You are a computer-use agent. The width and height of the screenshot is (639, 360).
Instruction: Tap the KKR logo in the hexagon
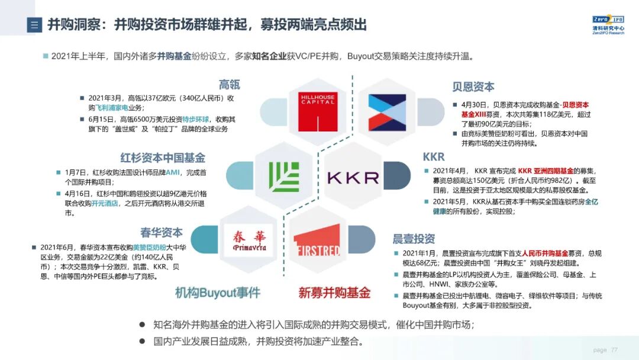[x=353, y=177]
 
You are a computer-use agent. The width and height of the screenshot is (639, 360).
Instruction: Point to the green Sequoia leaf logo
[x=284, y=176]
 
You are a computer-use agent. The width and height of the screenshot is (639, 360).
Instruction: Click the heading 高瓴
[x=230, y=85]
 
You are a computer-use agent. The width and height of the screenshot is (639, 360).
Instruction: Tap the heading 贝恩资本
[x=473, y=86]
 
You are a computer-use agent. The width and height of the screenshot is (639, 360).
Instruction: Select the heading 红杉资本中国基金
[x=163, y=158]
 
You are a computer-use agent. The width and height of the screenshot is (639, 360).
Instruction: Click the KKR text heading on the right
[x=434, y=157]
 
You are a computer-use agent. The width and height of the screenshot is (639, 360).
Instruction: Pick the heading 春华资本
[x=162, y=232]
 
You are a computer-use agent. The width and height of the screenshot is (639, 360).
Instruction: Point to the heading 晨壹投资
[x=414, y=239]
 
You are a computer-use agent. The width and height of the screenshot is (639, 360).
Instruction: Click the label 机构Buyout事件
[x=217, y=292]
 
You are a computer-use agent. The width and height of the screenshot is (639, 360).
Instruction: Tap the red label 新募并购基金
[x=334, y=292]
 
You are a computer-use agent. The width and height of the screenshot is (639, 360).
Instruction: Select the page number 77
[x=614, y=350]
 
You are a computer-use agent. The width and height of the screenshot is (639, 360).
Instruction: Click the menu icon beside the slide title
[x=34, y=25]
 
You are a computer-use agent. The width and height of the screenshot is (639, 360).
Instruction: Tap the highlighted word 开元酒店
[x=105, y=203]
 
